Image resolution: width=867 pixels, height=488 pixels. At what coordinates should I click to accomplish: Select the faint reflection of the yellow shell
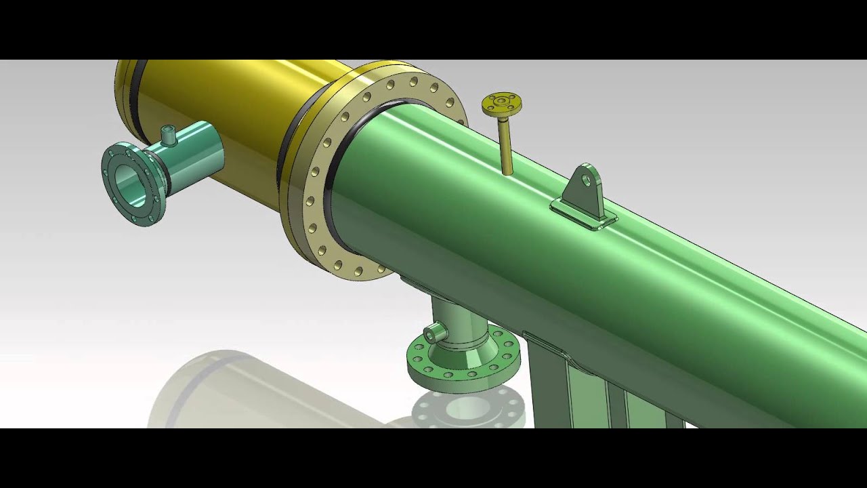pos(224,393)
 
